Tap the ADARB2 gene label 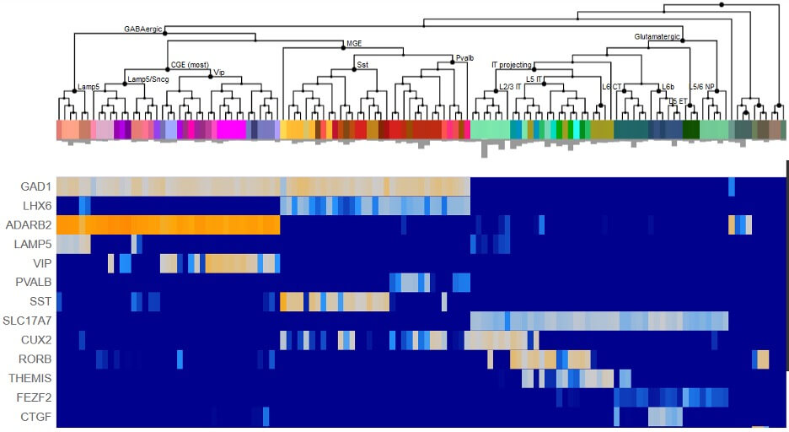31,225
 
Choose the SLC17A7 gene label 29,321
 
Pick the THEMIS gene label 33,379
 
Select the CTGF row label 36,417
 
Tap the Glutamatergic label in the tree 656,36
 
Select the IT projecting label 511,65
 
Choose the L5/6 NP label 701,86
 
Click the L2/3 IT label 510,86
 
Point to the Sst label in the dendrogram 362,64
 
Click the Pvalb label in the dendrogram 464,58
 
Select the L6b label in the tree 668,86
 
